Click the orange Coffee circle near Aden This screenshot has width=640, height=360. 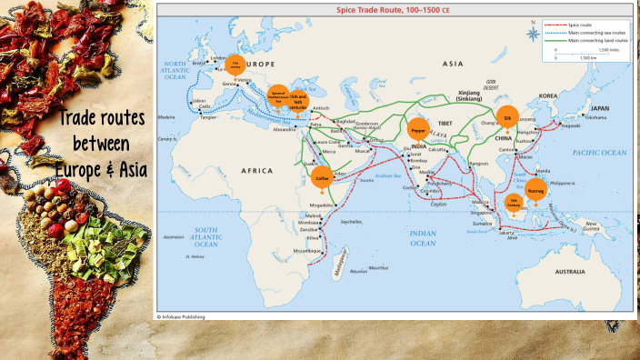pyautogui.click(x=322, y=178)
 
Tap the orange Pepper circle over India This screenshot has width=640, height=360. pyautogui.click(x=418, y=130)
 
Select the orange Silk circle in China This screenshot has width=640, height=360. pyautogui.click(x=507, y=117)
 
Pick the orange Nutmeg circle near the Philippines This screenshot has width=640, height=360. pyautogui.click(x=536, y=190)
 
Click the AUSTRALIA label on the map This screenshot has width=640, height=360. pyautogui.click(x=570, y=271)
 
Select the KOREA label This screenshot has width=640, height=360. pyautogui.click(x=547, y=95)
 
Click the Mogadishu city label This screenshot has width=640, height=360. pyautogui.click(x=322, y=205)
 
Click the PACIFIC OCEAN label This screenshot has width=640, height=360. pyautogui.click(x=601, y=153)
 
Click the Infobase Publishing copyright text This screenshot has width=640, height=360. pyautogui.click(x=181, y=316)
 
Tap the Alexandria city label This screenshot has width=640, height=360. pyautogui.click(x=285, y=129)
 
